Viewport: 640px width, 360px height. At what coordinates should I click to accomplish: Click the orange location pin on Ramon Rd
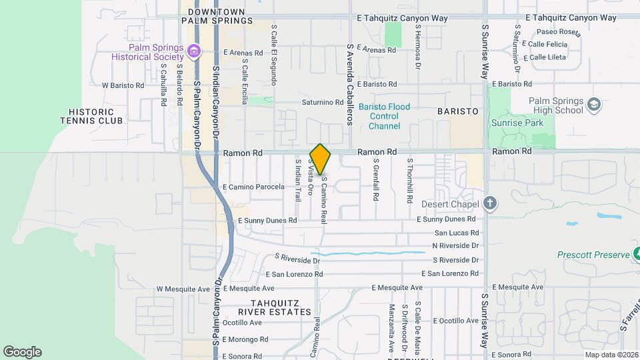[320, 159]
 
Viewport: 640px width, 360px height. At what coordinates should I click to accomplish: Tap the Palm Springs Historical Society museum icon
[194, 51]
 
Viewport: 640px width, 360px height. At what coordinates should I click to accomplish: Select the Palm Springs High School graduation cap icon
[593, 105]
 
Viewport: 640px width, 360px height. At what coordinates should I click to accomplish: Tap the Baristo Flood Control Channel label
[384, 117]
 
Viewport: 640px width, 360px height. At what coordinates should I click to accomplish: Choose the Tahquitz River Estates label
[275, 307]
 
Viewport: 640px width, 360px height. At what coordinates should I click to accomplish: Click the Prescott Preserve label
[593, 255]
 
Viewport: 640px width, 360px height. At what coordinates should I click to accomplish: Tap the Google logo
[22, 351]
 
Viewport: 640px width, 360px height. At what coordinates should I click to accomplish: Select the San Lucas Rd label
[457, 233]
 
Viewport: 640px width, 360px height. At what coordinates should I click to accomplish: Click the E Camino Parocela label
[253, 187]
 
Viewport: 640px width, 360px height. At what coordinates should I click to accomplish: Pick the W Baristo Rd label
[123, 85]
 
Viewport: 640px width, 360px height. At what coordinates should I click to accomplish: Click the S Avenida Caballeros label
[348, 85]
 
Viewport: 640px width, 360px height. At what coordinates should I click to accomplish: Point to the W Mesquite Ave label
[183, 289]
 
